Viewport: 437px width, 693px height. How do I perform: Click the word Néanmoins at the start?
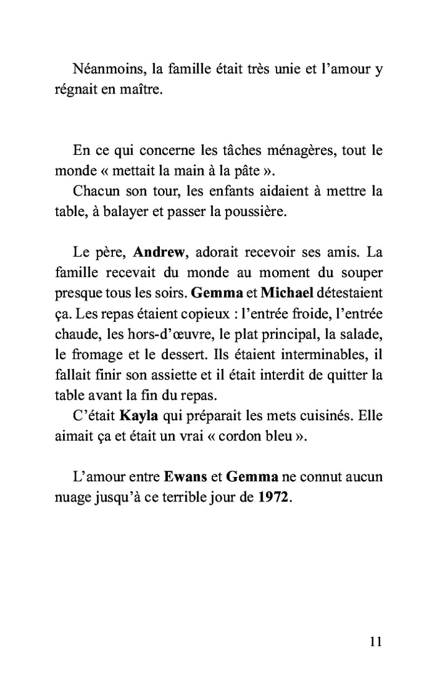(104, 70)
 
